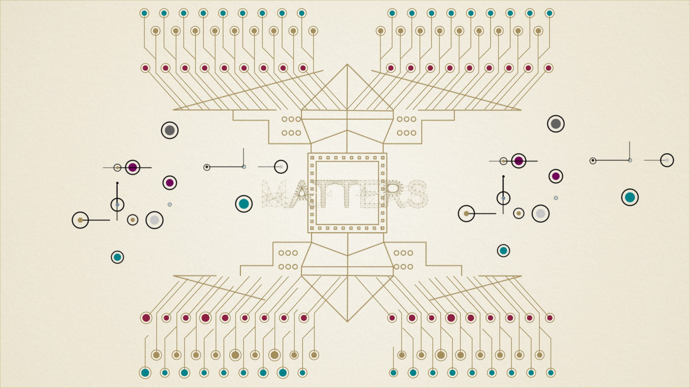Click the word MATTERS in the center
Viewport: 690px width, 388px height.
[345, 194]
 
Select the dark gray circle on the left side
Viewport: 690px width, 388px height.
[170, 130]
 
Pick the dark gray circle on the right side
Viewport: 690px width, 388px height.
[556, 124]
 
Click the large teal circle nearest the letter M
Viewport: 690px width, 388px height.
[244, 204]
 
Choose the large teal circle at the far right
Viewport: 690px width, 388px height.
[630, 197]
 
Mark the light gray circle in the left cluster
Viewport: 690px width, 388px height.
[155, 220]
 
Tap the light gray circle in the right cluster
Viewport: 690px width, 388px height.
[540, 214]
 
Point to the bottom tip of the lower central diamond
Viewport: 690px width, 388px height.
[347, 321]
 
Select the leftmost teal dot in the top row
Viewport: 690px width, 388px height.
[144, 13]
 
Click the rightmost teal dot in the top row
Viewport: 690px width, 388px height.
[549, 13]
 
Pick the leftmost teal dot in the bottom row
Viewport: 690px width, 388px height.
[145, 373]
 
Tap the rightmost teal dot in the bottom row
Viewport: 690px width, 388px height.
[551, 373]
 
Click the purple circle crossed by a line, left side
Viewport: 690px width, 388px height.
[133, 167]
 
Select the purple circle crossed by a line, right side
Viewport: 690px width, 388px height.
[519, 161]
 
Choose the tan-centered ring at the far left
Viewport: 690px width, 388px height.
[80, 220]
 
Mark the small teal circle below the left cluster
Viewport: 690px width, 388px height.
[117, 257]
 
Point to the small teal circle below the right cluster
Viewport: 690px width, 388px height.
[503, 251]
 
